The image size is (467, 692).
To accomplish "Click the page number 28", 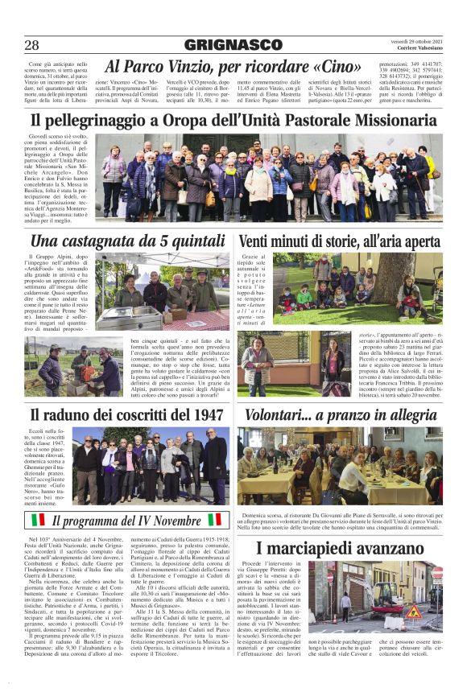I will (31, 45).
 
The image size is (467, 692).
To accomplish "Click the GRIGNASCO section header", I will (233, 45).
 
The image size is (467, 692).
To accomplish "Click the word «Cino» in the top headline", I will (333, 66).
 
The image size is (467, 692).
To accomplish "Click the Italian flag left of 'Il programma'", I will (37, 520).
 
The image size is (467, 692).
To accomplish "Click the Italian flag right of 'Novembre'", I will (215, 520).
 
